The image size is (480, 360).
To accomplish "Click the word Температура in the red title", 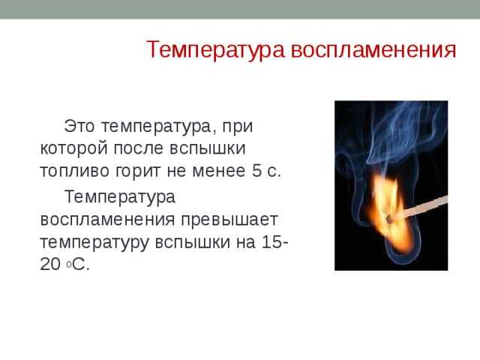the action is point(216,50).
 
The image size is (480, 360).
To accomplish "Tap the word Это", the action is point(79,126).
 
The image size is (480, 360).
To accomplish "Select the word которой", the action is point(74,148).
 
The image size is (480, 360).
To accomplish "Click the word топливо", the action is point(75,171).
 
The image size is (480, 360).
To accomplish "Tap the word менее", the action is point(218,171).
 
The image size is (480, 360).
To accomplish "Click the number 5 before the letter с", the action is point(256,171).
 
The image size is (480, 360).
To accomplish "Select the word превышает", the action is point(229,220).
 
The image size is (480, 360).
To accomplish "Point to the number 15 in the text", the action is point(271,241).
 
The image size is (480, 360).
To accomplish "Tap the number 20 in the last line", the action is point(50,264).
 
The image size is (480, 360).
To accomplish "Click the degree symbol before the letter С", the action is point(69,265).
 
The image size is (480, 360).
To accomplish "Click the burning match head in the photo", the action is point(390,219).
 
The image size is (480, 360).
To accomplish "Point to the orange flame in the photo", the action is point(388,214).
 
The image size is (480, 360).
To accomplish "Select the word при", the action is point(237,127).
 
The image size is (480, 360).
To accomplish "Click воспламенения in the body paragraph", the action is point(107,220).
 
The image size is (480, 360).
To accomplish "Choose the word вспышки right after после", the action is point(208,148).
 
